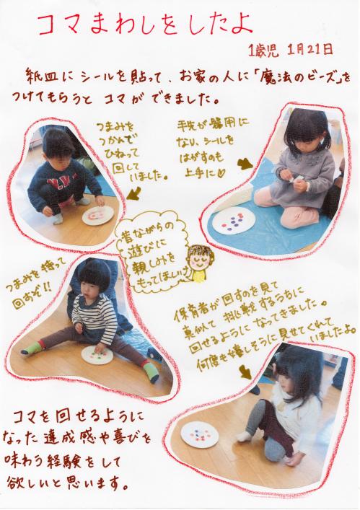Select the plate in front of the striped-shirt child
pos(97,356)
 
